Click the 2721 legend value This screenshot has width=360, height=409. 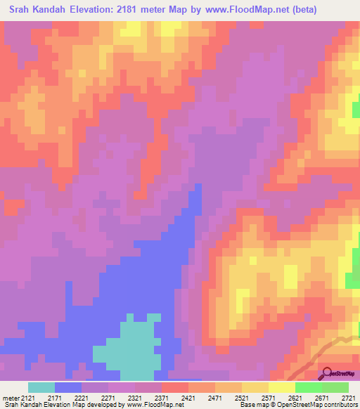pos(348,397)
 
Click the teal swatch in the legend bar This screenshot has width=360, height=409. pos(41,387)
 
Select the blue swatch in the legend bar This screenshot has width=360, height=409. pos(68,387)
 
